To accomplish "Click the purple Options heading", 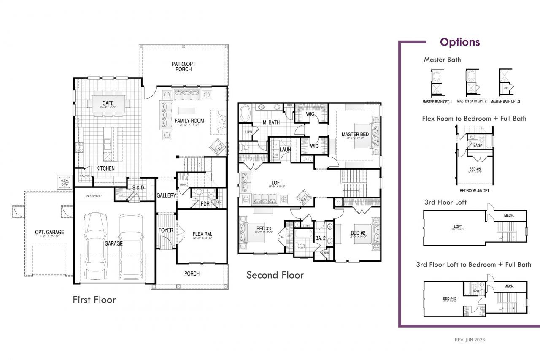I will point(460,42).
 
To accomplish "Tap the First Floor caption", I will point(94,300).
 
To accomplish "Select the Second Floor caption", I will point(275,275).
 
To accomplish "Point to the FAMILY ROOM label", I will point(189,121).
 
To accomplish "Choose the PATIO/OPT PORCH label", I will point(184,67).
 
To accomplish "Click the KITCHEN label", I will point(105,168).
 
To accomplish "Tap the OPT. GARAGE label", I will point(49,232).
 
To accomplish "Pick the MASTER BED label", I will point(355,135).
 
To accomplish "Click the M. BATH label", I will point(271,123).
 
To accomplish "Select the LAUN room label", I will point(286,149).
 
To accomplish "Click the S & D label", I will point(138,187).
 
